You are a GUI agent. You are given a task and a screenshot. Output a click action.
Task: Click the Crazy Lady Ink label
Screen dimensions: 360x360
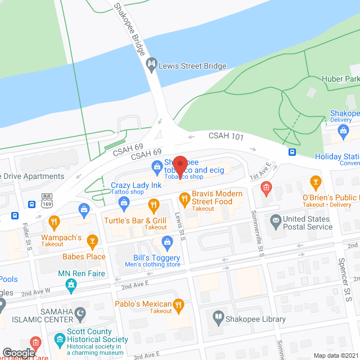coord(136,184)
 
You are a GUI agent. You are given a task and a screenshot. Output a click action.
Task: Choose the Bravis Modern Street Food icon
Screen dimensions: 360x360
coord(183,197)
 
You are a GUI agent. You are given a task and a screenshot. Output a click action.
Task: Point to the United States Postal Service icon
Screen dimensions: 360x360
coord(276,220)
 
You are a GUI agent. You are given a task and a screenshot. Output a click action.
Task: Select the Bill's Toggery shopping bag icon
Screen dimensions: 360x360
coord(167,242)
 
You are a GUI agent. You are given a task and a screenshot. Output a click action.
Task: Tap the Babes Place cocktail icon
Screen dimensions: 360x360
coord(93,241)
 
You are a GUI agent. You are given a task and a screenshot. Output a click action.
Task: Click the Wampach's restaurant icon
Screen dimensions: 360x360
coord(54,222)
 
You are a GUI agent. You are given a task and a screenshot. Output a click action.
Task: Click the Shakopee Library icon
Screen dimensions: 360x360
coord(218,319)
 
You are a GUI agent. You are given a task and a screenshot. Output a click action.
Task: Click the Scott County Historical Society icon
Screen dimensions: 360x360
coord(60,340)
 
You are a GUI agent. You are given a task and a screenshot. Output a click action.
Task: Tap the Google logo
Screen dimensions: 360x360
coord(19,352)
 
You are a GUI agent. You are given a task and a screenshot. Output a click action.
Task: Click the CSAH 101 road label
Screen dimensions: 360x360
coord(226,136)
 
